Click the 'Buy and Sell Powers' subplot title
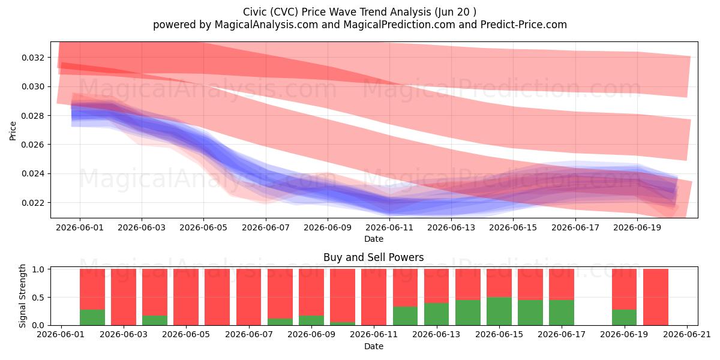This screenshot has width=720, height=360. [373, 257]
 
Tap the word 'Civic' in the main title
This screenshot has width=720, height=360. [255, 12]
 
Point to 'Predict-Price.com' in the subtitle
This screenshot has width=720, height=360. [524, 25]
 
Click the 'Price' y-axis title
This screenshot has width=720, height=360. [13, 131]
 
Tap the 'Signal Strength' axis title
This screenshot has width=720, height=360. [22, 296]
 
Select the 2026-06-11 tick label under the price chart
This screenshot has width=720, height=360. [389, 227]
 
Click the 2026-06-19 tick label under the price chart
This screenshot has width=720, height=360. [637, 227]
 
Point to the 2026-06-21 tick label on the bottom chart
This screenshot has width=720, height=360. [687, 335]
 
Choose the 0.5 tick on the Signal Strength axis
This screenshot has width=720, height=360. [38, 298]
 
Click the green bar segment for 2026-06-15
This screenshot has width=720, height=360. [499, 311]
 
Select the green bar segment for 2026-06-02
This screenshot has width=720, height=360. [92, 317]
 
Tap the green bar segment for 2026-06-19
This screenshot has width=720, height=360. [624, 317]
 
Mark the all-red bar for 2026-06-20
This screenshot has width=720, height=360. [656, 297]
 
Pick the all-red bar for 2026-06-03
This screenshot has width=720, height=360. [124, 297]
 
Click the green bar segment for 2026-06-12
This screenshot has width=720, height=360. [406, 316]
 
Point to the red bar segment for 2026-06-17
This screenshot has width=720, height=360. [562, 284]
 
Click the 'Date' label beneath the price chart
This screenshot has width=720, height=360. [373, 239]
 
